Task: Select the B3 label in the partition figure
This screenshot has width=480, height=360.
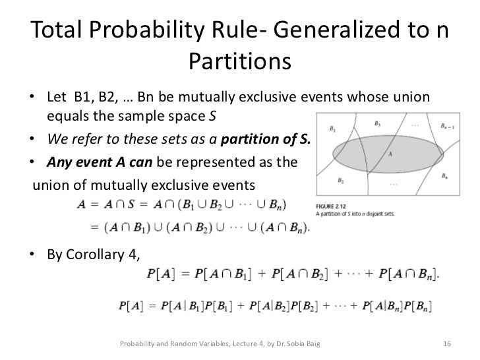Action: point(376,123)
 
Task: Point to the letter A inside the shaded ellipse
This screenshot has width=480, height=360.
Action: point(391,154)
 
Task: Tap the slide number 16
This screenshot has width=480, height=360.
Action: point(446,344)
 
